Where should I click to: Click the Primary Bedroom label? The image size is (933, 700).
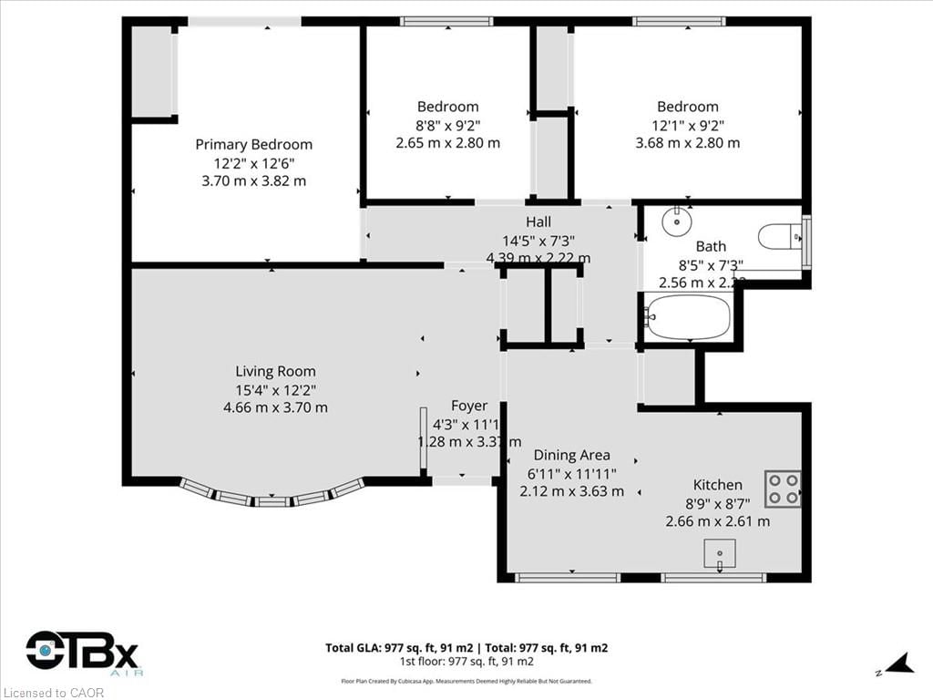click(x=253, y=144)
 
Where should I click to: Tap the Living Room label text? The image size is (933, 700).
click(x=275, y=371)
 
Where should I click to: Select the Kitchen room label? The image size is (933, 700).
click(x=717, y=485)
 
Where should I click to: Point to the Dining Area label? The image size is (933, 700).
click(x=571, y=455)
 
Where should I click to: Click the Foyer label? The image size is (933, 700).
click(x=469, y=406)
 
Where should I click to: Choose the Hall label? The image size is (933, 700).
click(x=538, y=221)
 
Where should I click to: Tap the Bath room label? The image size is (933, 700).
click(x=711, y=246)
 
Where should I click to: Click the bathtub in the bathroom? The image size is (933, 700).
click(x=688, y=317)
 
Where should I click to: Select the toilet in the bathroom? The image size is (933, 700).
click(x=779, y=237)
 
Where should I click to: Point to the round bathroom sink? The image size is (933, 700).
click(x=676, y=221)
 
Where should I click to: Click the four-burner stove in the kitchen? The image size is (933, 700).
click(x=782, y=489)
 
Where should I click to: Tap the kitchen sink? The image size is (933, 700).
click(x=720, y=553)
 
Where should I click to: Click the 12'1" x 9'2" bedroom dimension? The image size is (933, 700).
click(x=687, y=125)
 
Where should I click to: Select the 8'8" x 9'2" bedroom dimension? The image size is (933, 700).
click(x=447, y=125)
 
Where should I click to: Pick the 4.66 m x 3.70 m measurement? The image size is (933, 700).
click(x=275, y=407)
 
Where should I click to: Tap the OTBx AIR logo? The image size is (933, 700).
click(x=82, y=654)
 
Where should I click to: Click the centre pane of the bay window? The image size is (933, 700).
click(x=272, y=500)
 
